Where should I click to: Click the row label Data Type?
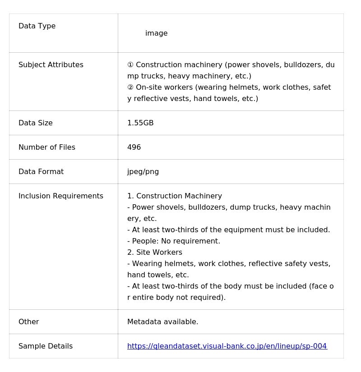click(37, 26)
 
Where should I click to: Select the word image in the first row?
click(156, 33)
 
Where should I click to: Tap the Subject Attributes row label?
click(51, 65)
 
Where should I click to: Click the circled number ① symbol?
click(130, 65)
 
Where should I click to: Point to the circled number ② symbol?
click(130, 87)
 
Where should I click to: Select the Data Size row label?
click(36, 123)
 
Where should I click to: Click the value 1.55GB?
click(140, 123)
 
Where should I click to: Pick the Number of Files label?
click(47, 147)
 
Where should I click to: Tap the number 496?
click(134, 147)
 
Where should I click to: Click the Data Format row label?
click(41, 172)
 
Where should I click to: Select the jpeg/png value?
click(143, 172)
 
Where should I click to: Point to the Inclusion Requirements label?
click(61, 196)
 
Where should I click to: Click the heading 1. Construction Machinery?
click(175, 196)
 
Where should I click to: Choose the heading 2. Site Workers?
click(155, 253)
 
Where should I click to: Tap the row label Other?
click(29, 322)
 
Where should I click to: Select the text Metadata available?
click(163, 322)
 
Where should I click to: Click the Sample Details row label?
click(46, 346)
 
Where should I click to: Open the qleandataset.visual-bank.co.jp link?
click(227, 346)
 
